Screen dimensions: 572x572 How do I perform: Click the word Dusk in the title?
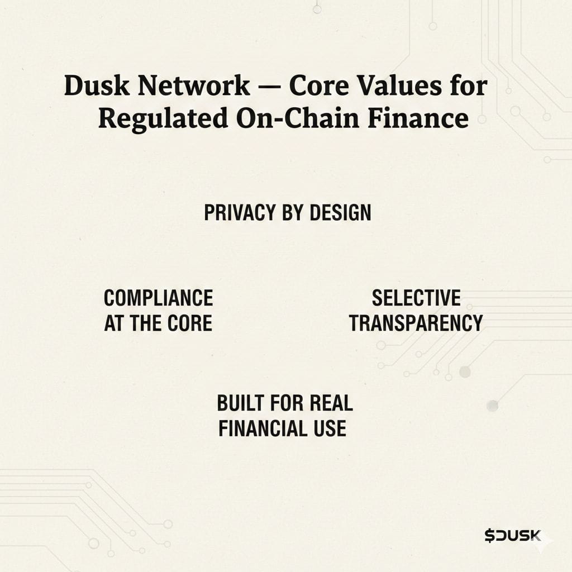[x=97, y=85]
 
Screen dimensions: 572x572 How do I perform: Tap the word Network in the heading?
[x=194, y=85]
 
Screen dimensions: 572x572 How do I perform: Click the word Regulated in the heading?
[x=163, y=118]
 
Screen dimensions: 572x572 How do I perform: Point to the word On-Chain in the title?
[x=298, y=118]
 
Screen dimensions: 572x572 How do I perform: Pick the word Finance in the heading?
[x=418, y=118]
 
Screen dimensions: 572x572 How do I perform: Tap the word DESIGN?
[x=340, y=213]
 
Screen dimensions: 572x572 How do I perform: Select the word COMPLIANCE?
[x=158, y=298]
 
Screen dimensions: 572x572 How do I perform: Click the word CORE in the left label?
[x=190, y=323]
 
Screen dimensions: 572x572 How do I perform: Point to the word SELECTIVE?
[x=416, y=298]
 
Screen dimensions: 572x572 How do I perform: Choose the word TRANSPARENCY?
[x=416, y=323]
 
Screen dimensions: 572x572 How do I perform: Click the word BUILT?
[x=240, y=403]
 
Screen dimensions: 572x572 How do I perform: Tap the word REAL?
[x=331, y=403]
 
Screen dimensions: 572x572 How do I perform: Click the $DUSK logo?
[x=513, y=536]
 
